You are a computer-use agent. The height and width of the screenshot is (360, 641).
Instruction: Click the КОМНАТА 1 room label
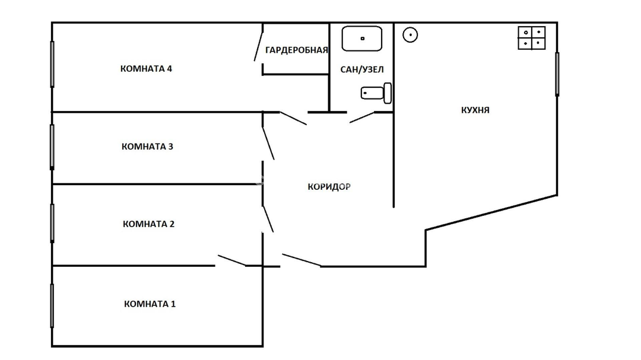(150, 304)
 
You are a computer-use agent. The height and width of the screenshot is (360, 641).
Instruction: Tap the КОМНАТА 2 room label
(148, 224)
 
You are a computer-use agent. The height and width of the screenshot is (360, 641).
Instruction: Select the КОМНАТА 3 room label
(147, 146)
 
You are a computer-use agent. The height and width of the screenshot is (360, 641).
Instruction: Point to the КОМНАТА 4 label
(146, 69)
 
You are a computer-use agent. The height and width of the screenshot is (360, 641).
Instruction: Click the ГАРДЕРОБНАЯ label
(297, 50)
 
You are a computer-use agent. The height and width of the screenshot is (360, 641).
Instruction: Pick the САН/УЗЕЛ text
(362, 69)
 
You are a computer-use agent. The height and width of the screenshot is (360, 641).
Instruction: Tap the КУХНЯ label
(475, 110)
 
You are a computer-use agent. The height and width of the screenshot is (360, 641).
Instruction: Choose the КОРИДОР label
(329, 187)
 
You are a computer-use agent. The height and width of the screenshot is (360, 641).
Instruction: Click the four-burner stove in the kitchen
(531, 38)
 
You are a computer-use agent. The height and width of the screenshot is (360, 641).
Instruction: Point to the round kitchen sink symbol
(410, 35)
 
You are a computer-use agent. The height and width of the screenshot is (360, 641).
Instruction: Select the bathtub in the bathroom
(362, 39)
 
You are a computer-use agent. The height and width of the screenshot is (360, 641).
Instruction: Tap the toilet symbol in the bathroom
(376, 93)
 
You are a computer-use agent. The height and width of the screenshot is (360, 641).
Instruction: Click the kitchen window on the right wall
(557, 74)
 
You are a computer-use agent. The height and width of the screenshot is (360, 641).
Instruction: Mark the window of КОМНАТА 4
(52, 64)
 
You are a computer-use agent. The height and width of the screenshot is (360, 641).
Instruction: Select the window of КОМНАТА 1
(52, 305)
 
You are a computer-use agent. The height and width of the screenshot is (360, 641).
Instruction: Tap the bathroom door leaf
(362, 117)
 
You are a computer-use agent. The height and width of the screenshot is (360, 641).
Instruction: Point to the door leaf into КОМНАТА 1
(232, 261)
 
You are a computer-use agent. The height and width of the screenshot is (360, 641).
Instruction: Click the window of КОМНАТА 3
(52, 146)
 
